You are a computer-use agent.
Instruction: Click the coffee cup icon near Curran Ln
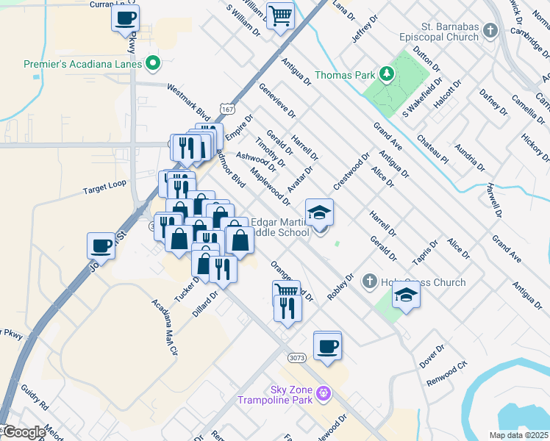125,18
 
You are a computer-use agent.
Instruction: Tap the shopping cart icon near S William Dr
280,15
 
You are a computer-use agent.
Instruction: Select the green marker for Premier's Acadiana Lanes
153,64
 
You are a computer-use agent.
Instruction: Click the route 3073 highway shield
297,357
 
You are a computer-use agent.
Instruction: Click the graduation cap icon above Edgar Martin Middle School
319,212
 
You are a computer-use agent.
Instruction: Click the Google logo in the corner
24,432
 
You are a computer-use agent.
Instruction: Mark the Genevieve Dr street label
277,100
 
